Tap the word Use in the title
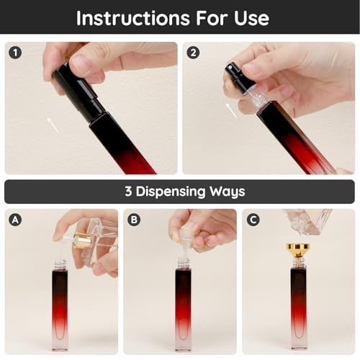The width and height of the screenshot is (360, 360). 251,18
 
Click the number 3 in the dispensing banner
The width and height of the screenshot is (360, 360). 128,192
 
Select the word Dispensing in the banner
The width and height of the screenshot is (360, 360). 171,192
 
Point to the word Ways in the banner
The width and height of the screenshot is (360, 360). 227,192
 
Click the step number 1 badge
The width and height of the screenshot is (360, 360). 15,53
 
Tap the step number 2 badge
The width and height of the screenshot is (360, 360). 193,53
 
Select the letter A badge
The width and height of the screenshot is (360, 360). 15,220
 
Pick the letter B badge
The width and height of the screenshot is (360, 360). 134,220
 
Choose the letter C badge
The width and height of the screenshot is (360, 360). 253,220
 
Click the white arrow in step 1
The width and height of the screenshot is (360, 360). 53,125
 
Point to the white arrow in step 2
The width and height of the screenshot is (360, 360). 231,110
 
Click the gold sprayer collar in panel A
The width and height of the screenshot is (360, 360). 81,240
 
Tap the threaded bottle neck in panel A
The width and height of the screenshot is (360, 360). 60,264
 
